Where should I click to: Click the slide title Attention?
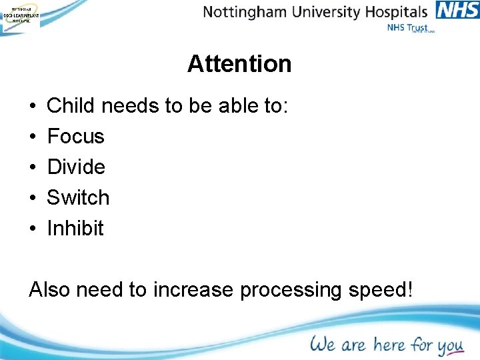pyautogui.click(x=239, y=64)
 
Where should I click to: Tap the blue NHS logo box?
pyautogui.click(x=457, y=11)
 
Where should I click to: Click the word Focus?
pyautogui.click(x=76, y=137)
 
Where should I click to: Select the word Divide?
pyautogui.click(x=76, y=167)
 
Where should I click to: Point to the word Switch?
pyautogui.click(x=78, y=197)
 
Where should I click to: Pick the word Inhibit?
pyautogui.click(x=75, y=228)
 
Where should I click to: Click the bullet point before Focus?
pyautogui.click(x=33, y=137)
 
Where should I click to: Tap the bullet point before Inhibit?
pyautogui.click(x=33, y=229)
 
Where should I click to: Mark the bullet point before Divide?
pyautogui.click(x=33, y=167)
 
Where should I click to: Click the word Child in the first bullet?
pyautogui.click(x=65, y=106)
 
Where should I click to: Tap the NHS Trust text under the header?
pyautogui.click(x=407, y=28)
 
